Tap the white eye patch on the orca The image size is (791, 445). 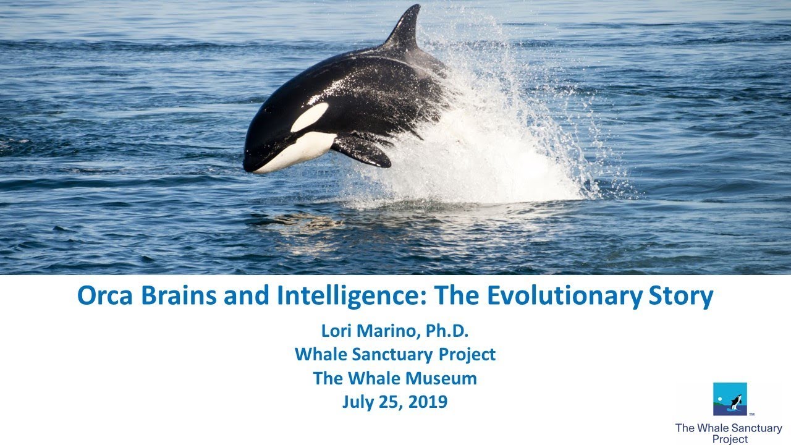310,116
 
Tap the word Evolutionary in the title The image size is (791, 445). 564,297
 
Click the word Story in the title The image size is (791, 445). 680,297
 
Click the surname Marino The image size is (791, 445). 388,331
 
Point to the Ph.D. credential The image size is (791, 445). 446,331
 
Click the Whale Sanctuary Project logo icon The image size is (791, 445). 730,399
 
